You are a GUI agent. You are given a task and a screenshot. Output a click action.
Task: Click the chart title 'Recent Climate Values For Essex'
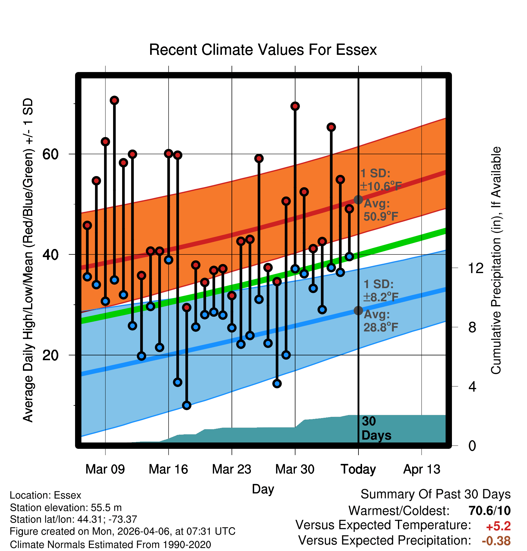click(x=263, y=50)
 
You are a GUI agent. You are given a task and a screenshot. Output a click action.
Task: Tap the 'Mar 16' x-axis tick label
click(x=168, y=469)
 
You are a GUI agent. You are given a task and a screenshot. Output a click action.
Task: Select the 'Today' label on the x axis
click(x=358, y=469)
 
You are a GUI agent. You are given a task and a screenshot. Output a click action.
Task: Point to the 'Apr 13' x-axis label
click(x=422, y=469)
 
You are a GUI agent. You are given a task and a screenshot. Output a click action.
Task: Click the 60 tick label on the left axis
click(x=50, y=154)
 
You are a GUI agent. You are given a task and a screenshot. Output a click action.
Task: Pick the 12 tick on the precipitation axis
click(x=476, y=268)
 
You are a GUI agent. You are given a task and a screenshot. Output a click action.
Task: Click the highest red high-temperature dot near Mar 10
click(x=114, y=100)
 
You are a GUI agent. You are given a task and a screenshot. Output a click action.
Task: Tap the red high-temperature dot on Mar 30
click(x=295, y=106)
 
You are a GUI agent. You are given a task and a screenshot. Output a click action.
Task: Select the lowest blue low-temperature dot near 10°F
click(x=187, y=405)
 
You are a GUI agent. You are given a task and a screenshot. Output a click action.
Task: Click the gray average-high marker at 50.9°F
click(x=358, y=200)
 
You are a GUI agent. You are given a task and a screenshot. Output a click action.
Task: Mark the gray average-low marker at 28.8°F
click(x=358, y=310)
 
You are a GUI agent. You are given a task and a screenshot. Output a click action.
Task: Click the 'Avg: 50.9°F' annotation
click(x=381, y=210)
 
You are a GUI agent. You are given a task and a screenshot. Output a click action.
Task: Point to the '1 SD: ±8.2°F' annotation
click(x=381, y=291)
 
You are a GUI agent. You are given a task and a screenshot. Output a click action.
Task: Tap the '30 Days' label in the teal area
click(x=376, y=428)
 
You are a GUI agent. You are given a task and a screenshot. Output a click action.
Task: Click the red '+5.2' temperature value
click(x=498, y=526)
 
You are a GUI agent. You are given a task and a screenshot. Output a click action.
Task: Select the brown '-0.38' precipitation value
click(x=496, y=541)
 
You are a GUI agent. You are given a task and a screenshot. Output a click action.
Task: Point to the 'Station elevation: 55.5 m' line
click(x=66, y=508)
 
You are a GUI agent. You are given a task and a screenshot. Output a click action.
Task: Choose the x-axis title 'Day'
click(x=263, y=489)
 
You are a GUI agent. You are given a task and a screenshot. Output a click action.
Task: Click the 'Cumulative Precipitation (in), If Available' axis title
click(x=496, y=261)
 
